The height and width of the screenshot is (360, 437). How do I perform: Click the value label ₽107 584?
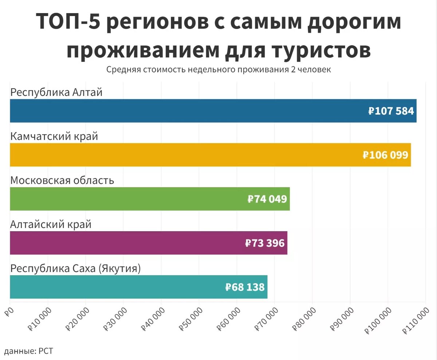point(391,111)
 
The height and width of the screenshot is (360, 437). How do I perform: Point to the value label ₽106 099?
point(385,155)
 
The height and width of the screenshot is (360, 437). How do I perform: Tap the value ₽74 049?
point(267,199)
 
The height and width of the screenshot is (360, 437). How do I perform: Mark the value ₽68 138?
point(245,287)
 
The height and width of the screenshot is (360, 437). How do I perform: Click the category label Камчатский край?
point(54,137)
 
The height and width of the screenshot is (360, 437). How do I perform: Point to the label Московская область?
point(62,181)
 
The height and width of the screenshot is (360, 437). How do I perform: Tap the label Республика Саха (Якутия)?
point(75,269)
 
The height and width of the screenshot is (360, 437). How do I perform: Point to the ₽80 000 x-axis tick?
point(304,318)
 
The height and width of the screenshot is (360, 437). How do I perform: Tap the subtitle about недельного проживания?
point(219,70)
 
